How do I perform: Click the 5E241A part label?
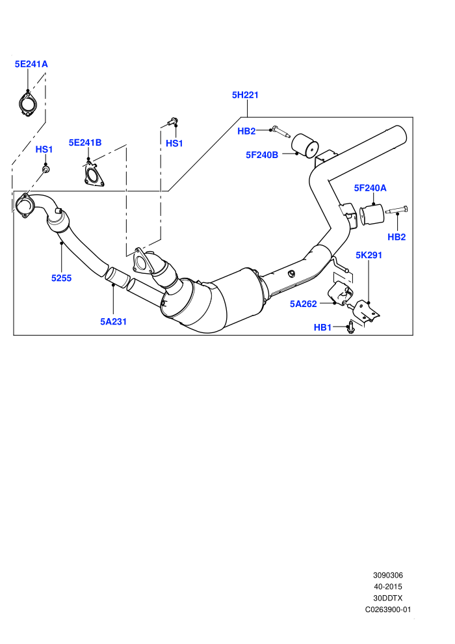[31, 64]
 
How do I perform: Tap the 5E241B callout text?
[85, 142]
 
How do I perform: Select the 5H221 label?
[245, 95]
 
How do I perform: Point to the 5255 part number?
[61, 278]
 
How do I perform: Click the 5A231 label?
[113, 321]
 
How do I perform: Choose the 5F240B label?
[262, 155]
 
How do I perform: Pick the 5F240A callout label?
[370, 188]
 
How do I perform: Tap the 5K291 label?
[369, 255]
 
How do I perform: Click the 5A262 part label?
[303, 304]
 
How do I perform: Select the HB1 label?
[322, 327]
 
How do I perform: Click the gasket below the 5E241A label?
[27, 104]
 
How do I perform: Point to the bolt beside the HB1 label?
[351, 328]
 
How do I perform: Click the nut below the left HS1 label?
[46, 169]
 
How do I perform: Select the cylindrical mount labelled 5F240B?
[305, 146]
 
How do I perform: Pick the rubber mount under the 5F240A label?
[371, 215]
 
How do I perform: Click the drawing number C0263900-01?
[387, 610]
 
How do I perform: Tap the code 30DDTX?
[387, 598]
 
